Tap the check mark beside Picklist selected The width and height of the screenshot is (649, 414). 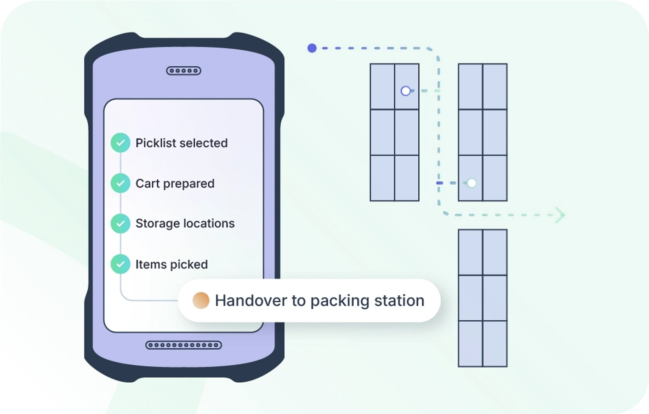120,143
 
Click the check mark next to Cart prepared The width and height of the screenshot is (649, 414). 120,183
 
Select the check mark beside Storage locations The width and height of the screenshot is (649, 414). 120,224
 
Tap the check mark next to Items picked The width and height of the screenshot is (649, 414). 120,264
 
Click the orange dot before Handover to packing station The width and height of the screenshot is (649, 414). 201,300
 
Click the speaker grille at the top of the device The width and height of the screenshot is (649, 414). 183,71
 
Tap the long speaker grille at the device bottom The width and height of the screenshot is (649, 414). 183,345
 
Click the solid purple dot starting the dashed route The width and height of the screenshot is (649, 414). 312,48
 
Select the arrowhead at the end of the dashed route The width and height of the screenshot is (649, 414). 560,215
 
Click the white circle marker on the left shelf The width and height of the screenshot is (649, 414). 405,91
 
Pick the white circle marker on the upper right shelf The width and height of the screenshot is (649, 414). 472,183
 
